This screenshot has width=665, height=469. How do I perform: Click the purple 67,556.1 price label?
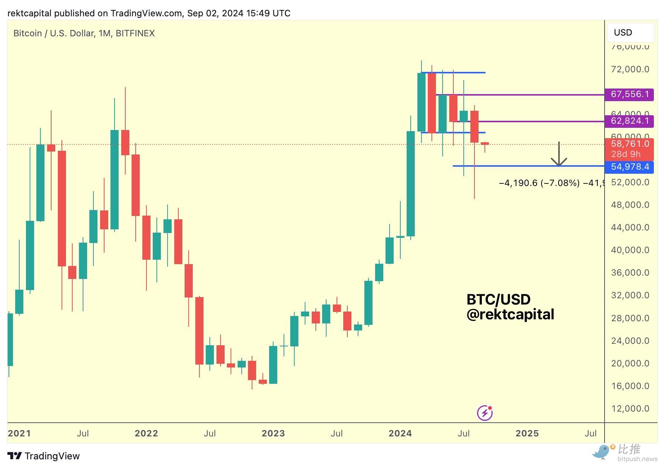point(629,94)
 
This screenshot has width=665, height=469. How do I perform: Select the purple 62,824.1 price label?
point(629,121)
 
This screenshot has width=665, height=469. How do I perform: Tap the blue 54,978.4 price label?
point(629,167)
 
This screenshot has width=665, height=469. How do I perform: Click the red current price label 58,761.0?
point(629,144)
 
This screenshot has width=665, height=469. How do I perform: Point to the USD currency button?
point(630,33)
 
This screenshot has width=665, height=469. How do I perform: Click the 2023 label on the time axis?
point(273,433)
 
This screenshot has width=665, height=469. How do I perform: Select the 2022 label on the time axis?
point(146,433)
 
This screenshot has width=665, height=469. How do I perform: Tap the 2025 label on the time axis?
point(527,433)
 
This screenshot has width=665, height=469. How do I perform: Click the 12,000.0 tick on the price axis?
point(630,409)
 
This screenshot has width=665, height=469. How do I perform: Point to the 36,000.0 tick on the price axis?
point(630,273)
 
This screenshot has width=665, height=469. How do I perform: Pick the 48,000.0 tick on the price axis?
point(630,205)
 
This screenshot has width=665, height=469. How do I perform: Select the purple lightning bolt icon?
point(485,413)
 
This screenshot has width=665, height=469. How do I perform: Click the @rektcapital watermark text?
point(510,315)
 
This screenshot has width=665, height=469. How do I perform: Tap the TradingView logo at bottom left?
point(44,456)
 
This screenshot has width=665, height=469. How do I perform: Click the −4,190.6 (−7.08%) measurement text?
point(539,183)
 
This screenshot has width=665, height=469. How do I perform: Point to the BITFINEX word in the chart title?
point(135,33)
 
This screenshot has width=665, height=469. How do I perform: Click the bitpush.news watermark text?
point(637,459)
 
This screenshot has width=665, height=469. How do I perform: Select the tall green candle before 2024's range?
point(410,183)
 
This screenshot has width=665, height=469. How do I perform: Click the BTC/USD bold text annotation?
point(498,299)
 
